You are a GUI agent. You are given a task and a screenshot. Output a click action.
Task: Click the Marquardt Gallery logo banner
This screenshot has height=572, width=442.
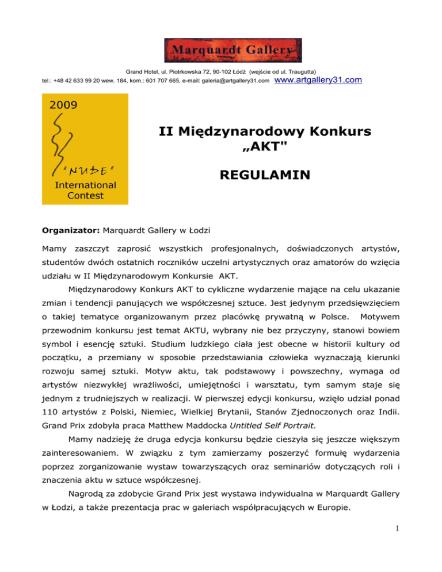tap(233, 50)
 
